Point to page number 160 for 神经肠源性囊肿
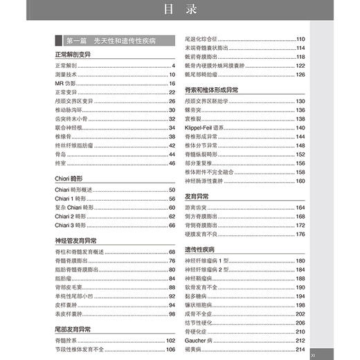(300, 181)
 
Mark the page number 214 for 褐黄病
(300, 349)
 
